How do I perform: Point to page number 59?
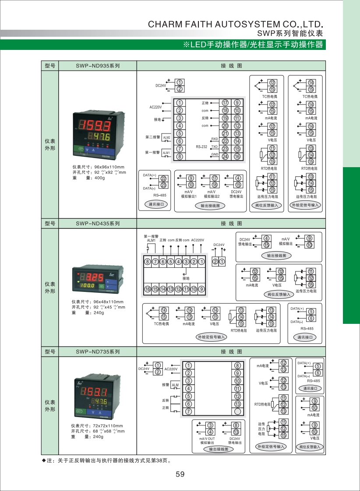click(x=180, y=474)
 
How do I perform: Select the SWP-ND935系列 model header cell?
click(x=97, y=66)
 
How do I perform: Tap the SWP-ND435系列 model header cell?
click(x=97, y=224)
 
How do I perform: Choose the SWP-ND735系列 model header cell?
click(x=97, y=351)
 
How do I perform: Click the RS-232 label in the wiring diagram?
click(x=201, y=147)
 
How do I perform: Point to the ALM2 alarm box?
click(x=166, y=137)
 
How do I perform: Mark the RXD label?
click(x=215, y=139)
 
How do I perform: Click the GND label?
click(x=215, y=154)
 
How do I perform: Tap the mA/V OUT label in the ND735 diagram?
click(x=207, y=438)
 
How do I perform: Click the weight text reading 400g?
click(x=99, y=178)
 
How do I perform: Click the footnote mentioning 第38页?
click(x=108, y=460)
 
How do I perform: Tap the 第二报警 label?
click(x=152, y=137)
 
